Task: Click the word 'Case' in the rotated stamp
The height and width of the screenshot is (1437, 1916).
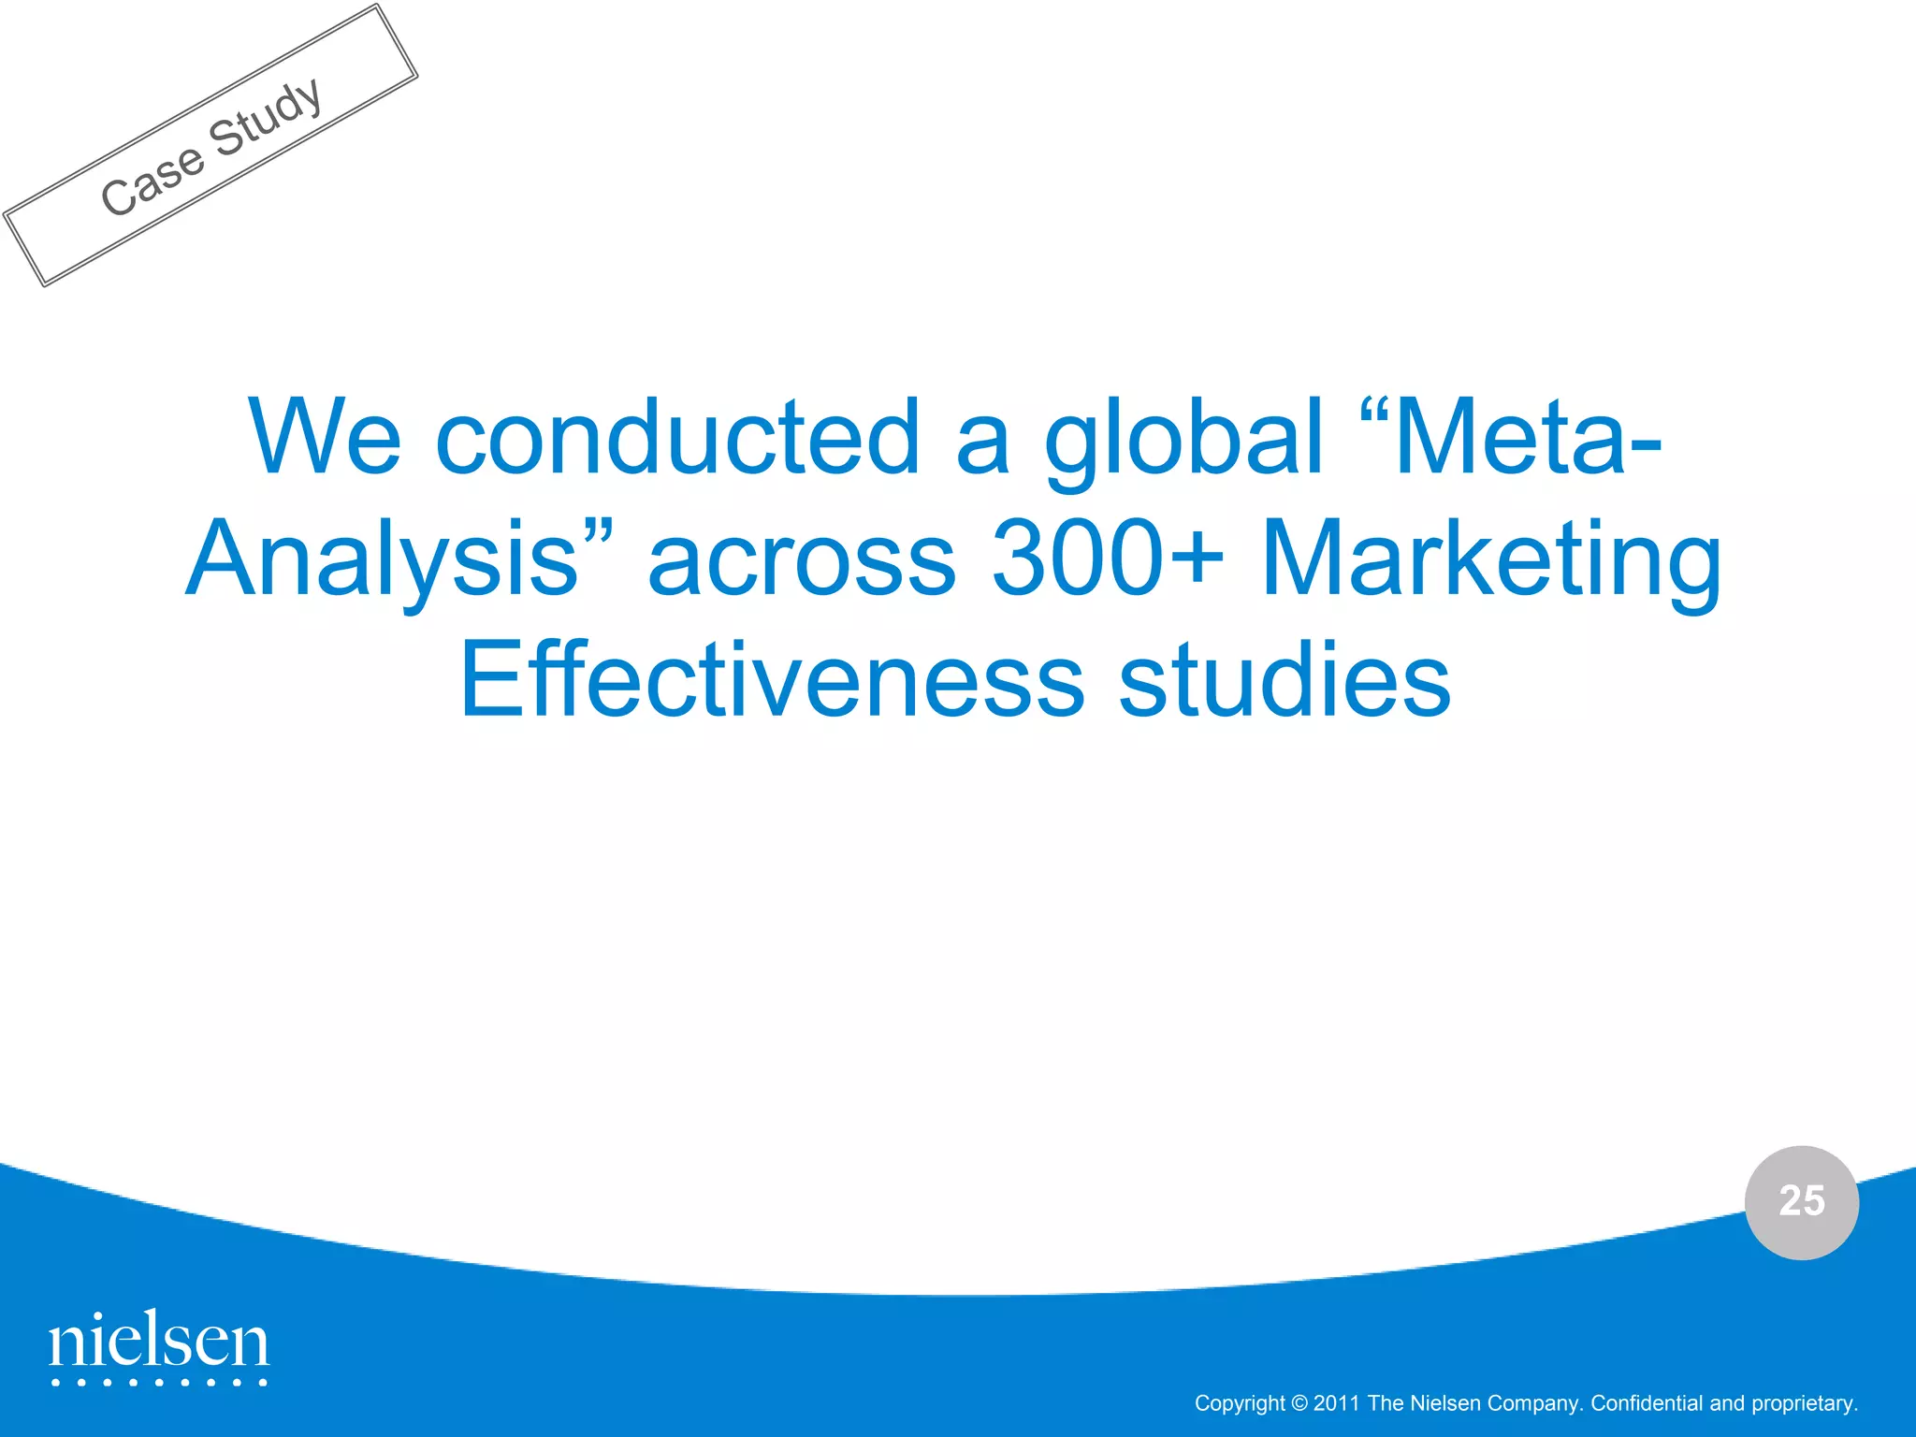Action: pos(152,180)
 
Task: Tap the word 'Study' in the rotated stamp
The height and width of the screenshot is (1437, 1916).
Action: pos(267,116)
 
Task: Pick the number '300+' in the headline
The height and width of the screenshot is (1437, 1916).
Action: pos(1108,559)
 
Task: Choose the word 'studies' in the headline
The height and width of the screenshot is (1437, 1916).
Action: pos(1285,680)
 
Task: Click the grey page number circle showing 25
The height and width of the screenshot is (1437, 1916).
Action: pos(1801,1201)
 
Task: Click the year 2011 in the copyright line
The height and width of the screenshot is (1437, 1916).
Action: pos(1336,1403)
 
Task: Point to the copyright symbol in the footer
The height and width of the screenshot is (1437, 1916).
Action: pos(1299,1403)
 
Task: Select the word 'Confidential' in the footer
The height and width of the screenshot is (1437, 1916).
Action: pos(1647,1403)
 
